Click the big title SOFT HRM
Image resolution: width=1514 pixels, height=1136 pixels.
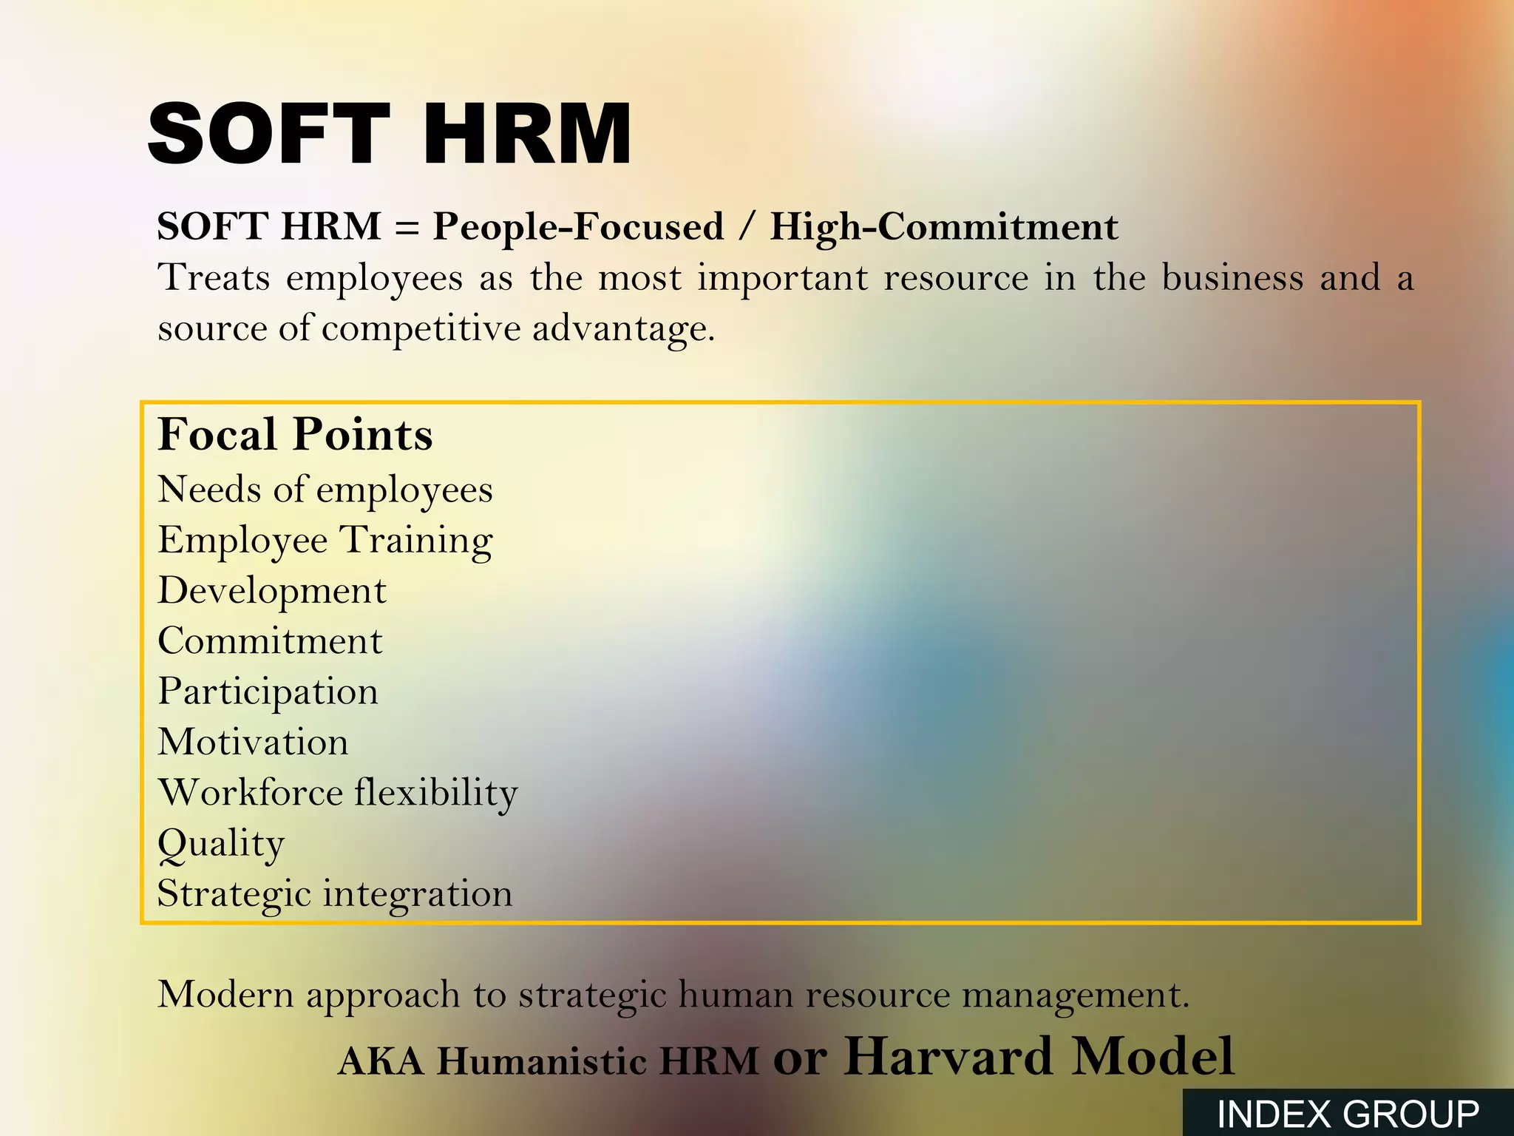(390, 134)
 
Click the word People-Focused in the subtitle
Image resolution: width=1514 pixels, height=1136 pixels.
(577, 226)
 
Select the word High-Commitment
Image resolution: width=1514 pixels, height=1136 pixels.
(943, 226)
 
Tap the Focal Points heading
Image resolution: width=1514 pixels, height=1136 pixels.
(295, 434)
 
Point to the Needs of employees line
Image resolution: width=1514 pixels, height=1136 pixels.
(325, 490)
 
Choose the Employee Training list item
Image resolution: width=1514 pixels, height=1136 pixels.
(325, 541)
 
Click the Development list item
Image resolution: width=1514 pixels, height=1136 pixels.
(271, 591)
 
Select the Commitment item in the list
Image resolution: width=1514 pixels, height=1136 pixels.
(270, 641)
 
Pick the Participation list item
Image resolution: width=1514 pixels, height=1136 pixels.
(268, 692)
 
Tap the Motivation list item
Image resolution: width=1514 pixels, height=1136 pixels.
(253, 742)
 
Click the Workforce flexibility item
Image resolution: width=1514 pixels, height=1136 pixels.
(338, 793)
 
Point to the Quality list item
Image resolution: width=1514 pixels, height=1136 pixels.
(220, 844)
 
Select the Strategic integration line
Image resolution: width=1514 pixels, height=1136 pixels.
(334, 893)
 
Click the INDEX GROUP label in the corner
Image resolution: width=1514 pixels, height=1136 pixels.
(1348, 1114)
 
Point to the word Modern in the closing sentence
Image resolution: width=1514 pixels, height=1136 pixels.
(225, 995)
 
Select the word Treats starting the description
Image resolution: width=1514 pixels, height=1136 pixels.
(213, 278)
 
